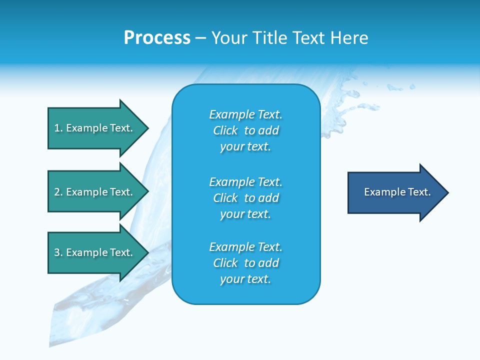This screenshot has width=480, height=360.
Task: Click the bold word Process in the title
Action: [157, 38]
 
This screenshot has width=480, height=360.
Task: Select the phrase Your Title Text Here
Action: [289, 38]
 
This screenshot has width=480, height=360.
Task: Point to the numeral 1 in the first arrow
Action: [56, 128]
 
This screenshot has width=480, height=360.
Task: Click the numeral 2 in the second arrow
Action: [56, 192]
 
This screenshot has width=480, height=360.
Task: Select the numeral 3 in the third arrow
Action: [56, 253]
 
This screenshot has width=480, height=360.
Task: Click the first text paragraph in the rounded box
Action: [245, 130]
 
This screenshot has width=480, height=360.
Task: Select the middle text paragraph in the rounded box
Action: [245, 198]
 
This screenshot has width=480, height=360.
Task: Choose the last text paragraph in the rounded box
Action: [245, 263]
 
